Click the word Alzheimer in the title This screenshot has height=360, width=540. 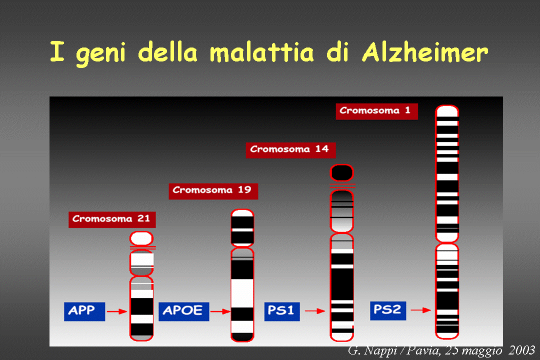[x=425, y=52]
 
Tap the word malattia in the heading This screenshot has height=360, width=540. [x=261, y=52]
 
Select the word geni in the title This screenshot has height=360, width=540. [x=100, y=55]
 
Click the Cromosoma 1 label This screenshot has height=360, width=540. [x=377, y=111]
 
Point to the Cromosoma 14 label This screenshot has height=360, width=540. [x=290, y=150]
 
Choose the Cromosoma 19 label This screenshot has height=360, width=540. [x=213, y=191]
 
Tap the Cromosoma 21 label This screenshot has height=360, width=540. [x=112, y=220]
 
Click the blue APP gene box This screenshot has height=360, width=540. [x=84, y=311]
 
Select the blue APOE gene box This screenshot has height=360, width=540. [x=183, y=311]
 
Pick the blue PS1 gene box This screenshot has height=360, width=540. [x=282, y=311]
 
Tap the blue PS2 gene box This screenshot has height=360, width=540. [x=388, y=310]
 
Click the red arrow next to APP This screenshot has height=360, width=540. [x=116, y=311]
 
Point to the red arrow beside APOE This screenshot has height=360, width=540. [x=220, y=311]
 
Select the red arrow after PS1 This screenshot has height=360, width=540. [x=315, y=311]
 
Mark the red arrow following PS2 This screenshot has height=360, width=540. [x=420, y=310]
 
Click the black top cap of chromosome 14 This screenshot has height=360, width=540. [x=341, y=172]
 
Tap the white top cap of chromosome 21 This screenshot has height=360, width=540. [x=141, y=238]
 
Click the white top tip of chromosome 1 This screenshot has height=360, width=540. [x=447, y=111]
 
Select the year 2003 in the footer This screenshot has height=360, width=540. [x=521, y=350]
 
